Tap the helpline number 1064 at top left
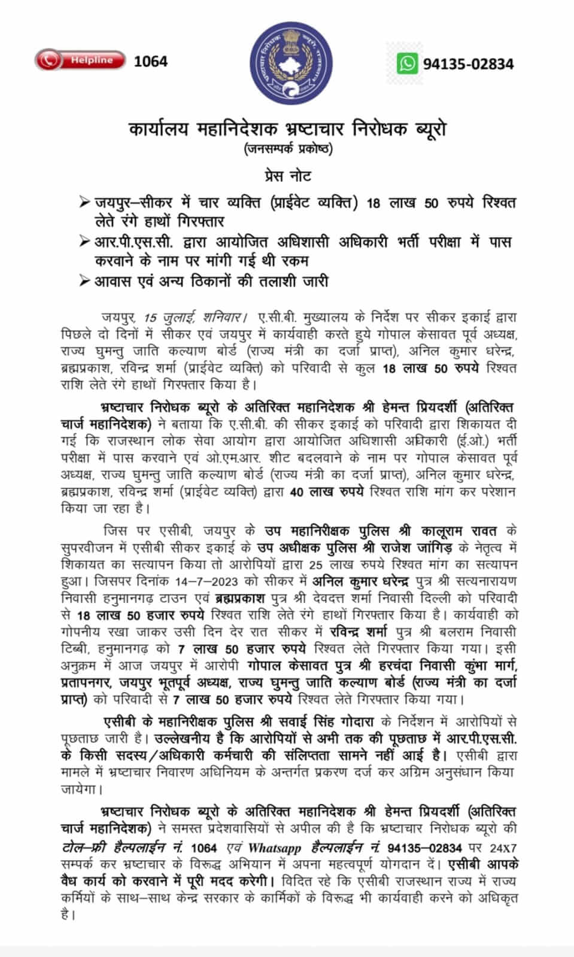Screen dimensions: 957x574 click(151, 61)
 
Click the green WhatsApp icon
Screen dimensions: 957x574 click(408, 63)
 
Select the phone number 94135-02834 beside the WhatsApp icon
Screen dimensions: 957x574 click(468, 64)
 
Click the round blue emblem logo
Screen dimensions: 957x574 click(287, 66)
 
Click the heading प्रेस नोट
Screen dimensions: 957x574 click(287, 176)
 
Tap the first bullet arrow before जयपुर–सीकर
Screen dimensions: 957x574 click(85, 203)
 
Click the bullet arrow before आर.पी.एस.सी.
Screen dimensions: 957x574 click(85, 243)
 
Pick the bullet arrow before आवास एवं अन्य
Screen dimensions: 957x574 click(85, 281)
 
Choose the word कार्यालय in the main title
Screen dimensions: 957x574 click(159, 129)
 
